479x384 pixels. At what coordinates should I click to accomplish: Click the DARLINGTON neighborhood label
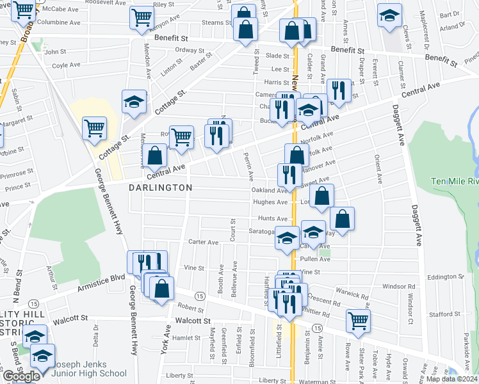coord(160,188)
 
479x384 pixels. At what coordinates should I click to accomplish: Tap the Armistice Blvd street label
coord(101,280)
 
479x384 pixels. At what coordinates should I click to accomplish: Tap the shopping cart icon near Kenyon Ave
coord(142,17)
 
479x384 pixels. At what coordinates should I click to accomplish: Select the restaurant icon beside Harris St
coord(338,90)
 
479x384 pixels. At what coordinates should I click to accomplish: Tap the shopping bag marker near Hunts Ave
coord(343,218)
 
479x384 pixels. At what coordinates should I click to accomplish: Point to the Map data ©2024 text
coord(452,379)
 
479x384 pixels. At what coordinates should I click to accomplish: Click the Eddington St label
coord(446,276)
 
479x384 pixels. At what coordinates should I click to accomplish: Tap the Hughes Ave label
coord(271,202)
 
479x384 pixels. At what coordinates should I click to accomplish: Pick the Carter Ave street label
coord(204,243)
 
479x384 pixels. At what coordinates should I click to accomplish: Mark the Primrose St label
coord(15,173)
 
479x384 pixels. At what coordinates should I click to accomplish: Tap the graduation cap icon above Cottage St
coord(133,101)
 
